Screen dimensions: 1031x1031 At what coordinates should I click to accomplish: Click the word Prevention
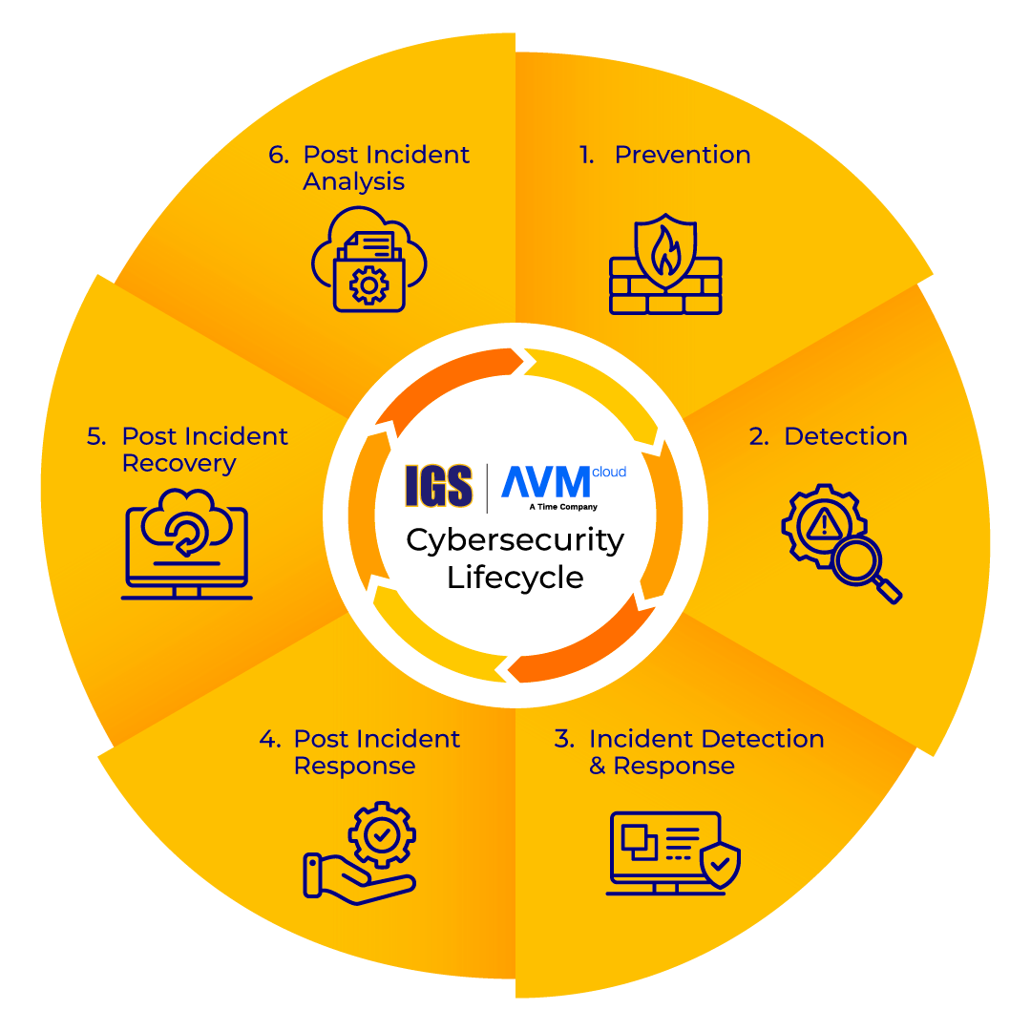pos(683,155)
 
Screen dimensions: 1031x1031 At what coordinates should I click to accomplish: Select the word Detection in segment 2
pos(846,436)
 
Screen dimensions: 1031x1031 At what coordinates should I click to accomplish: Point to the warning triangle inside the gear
pos(824,524)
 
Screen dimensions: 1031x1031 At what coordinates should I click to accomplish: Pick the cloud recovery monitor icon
pos(187,544)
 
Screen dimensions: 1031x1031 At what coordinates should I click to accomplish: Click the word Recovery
pos(179,464)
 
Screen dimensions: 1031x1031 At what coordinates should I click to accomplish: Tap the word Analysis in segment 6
pos(354,181)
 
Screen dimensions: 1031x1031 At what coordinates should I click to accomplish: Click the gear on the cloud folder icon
pos(368,285)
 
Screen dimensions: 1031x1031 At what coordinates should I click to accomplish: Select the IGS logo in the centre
pos(438,486)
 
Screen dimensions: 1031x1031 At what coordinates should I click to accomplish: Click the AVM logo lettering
pos(546,482)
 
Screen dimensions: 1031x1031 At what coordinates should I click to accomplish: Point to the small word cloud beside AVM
pos(609,473)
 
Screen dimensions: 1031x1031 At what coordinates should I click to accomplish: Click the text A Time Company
pos(563,507)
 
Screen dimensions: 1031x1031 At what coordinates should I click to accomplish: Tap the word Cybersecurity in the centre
pos(515,541)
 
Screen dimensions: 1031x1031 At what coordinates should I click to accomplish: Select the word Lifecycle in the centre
pos(515,578)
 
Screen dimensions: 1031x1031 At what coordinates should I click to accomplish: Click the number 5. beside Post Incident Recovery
pos(96,436)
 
